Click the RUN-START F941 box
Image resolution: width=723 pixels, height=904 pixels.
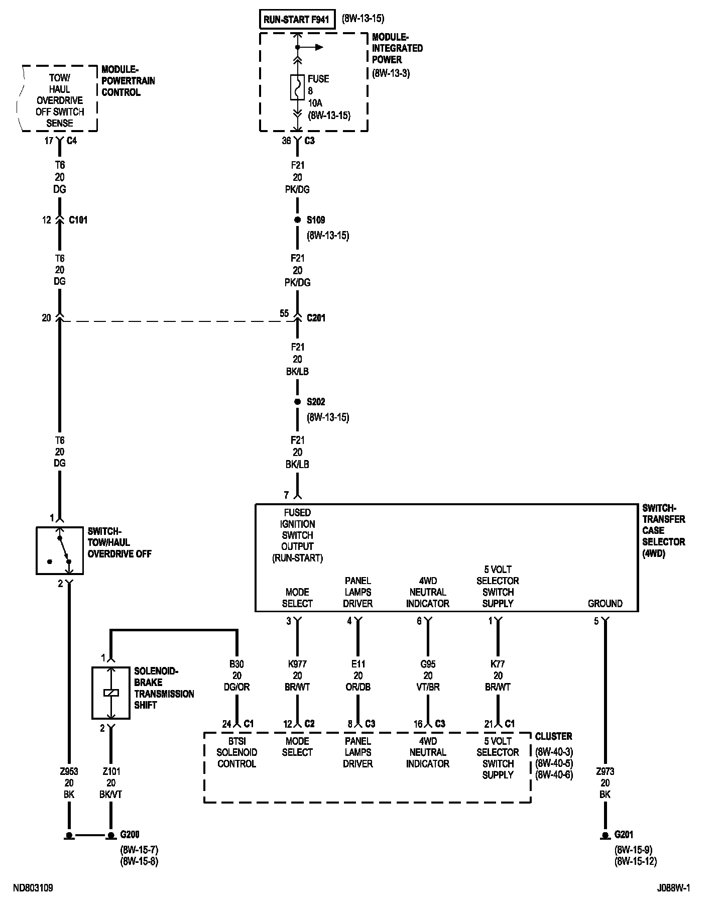coord(296,20)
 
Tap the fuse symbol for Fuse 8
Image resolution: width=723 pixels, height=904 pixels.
coord(297,87)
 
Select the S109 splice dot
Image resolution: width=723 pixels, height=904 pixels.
coord(297,220)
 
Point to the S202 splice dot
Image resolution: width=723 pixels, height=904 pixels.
coord(297,402)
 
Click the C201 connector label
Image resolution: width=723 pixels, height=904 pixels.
coord(316,318)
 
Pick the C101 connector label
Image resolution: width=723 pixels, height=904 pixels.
coord(78,220)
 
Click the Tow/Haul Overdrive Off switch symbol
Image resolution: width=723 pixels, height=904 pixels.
coord(60,550)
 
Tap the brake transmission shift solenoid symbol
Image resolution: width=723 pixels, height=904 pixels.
coord(111,693)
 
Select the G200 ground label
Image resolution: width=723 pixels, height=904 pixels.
coord(130,835)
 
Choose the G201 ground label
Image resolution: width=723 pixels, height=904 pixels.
coord(624,835)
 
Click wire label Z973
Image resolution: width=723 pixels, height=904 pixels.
coord(605,771)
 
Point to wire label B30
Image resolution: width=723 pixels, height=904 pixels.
coord(236,664)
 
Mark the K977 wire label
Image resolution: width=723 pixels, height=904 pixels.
coord(297,664)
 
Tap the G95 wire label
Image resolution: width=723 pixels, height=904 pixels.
coord(428,664)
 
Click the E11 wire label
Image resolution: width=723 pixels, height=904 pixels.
coord(357,664)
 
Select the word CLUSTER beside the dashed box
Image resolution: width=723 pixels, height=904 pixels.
coord(553,736)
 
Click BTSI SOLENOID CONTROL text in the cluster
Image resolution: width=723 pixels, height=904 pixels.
coord(236,752)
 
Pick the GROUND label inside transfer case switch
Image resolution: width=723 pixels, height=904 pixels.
coord(605,603)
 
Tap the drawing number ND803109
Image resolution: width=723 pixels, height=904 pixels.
coord(33,888)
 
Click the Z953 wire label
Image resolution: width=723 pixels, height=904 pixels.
coord(69,771)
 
